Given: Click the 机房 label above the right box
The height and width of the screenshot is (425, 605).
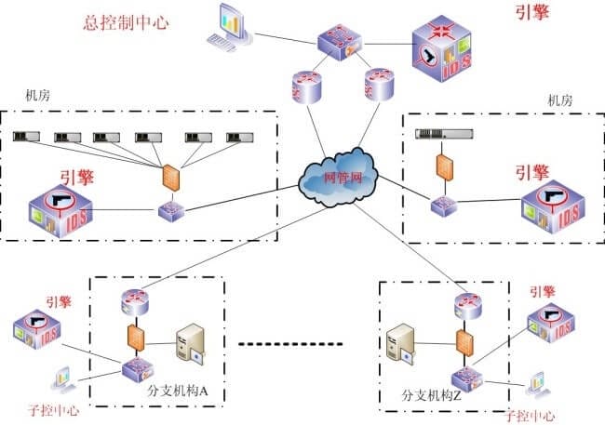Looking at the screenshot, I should click(558, 100).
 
